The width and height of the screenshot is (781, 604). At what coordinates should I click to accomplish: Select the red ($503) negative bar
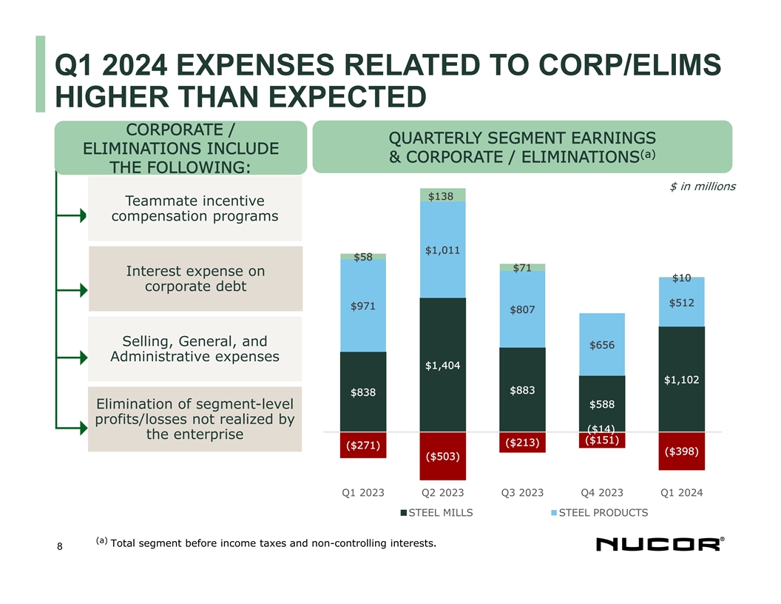[442, 455]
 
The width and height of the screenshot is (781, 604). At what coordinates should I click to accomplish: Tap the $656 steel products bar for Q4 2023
[602, 344]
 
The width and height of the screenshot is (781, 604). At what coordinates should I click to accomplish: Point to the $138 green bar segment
[442, 195]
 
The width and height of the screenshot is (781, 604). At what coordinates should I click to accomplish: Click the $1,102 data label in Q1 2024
[681, 380]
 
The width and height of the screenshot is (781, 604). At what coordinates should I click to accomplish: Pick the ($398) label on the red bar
[681, 451]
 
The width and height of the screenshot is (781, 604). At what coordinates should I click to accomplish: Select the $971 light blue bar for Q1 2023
[362, 305]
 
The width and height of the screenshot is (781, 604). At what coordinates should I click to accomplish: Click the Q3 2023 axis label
[522, 492]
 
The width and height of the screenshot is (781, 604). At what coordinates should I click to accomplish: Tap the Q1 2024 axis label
[681, 492]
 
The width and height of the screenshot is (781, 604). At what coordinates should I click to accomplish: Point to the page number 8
[60, 547]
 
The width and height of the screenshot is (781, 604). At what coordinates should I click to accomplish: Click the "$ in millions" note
[702, 186]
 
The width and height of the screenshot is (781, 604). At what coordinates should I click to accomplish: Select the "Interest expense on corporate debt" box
[195, 279]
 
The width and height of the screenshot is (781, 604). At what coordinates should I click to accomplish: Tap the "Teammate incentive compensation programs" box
[195, 209]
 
